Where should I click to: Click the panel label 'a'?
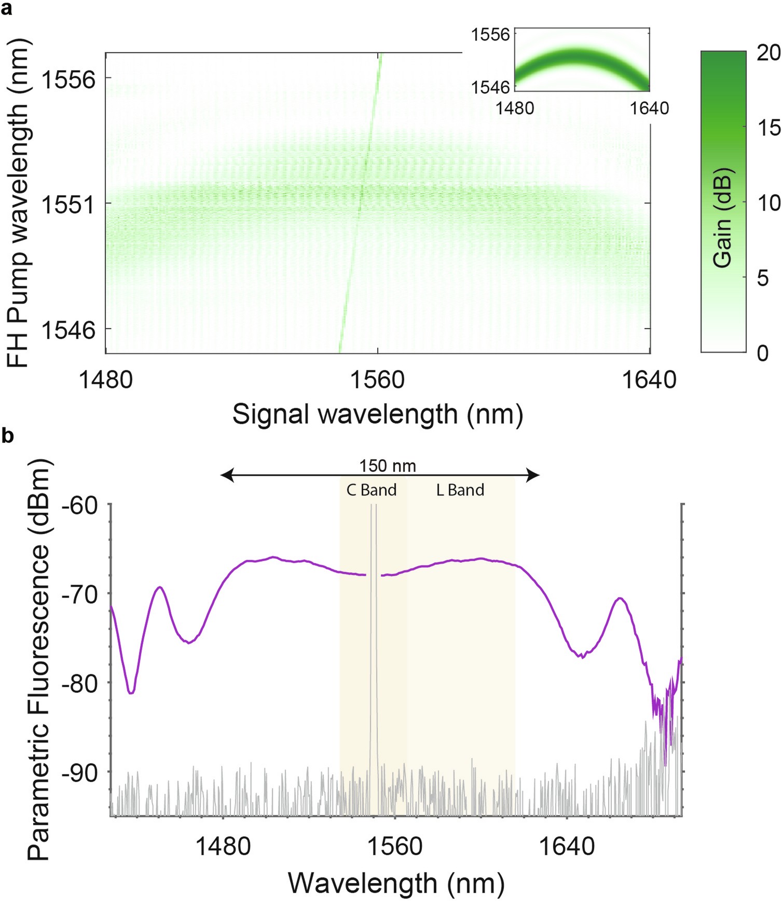tap(7, 9)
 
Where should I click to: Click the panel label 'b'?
tap(7, 436)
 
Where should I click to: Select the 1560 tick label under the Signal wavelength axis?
tap(377, 381)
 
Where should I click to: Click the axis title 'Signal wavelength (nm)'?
tap(377, 414)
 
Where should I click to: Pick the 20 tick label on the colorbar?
tap(769, 53)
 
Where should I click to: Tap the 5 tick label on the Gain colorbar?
tap(762, 279)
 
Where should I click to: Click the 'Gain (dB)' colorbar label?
tap(722, 218)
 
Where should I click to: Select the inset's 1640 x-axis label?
tap(649, 108)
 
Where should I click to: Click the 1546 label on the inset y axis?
tap(490, 87)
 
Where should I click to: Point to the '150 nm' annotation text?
tap(388, 466)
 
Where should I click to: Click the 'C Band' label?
tap(371, 490)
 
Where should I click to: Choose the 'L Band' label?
tap(460, 490)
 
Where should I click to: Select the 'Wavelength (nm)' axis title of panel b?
tap(396, 883)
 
